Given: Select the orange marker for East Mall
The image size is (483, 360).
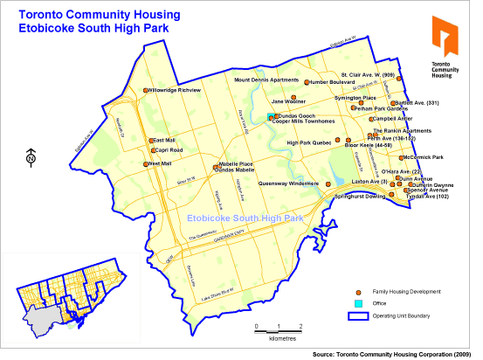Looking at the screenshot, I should click(150, 140).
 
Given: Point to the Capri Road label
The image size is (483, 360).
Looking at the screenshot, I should click(168, 150).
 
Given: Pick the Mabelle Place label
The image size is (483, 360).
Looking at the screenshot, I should click(236, 163).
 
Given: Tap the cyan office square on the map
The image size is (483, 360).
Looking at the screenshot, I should click(270, 116).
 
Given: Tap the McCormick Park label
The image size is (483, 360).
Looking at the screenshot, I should click(424, 157).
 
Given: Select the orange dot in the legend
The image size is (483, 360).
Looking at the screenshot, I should click(358, 291).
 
